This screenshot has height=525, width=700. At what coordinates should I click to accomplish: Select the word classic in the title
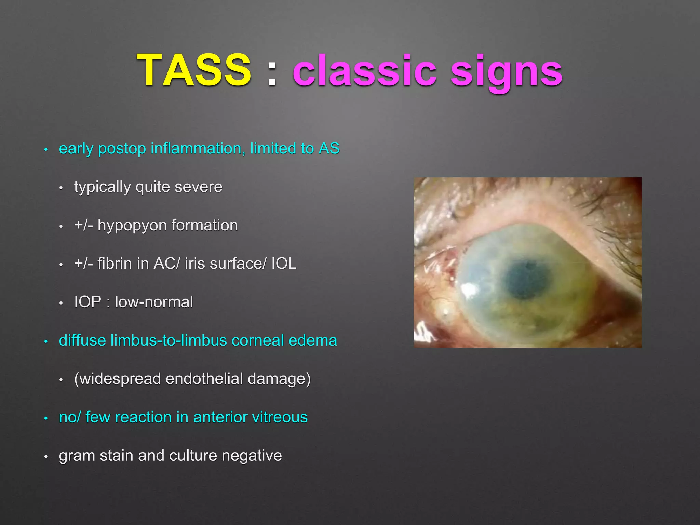364,71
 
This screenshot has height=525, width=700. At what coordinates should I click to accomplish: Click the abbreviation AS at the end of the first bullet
329,148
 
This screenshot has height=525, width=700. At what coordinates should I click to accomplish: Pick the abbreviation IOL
284,264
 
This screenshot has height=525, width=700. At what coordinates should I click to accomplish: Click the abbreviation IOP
88,302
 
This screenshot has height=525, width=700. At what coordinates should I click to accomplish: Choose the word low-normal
154,302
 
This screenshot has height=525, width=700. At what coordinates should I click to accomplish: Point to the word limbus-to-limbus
169,340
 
